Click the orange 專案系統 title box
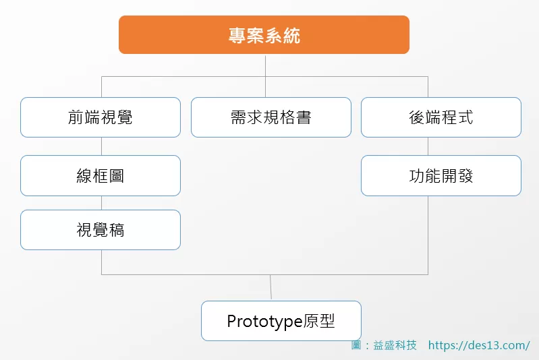[x=264, y=34]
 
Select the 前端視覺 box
[x=101, y=117]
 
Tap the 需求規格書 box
[x=271, y=117]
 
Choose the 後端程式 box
[x=441, y=117]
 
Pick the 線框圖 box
[x=101, y=175]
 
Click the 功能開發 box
[x=441, y=175]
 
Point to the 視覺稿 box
[x=101, y=230]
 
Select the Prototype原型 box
[x=281, y=321]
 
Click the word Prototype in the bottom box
[x=264, y=322]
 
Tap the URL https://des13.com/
[x=479, y=345]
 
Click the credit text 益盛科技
[x=395, y=345]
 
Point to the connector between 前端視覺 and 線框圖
[x=102, y=146]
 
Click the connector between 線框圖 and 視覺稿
[x=102, y=203]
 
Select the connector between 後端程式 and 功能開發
[x=428, y=146]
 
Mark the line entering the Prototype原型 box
[x=271, y=288]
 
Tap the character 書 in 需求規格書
[x=304, y=117]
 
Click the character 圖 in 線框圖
[x=117, y=176]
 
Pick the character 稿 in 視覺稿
[x=117, y=230]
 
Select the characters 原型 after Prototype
[x=319, y=321]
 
